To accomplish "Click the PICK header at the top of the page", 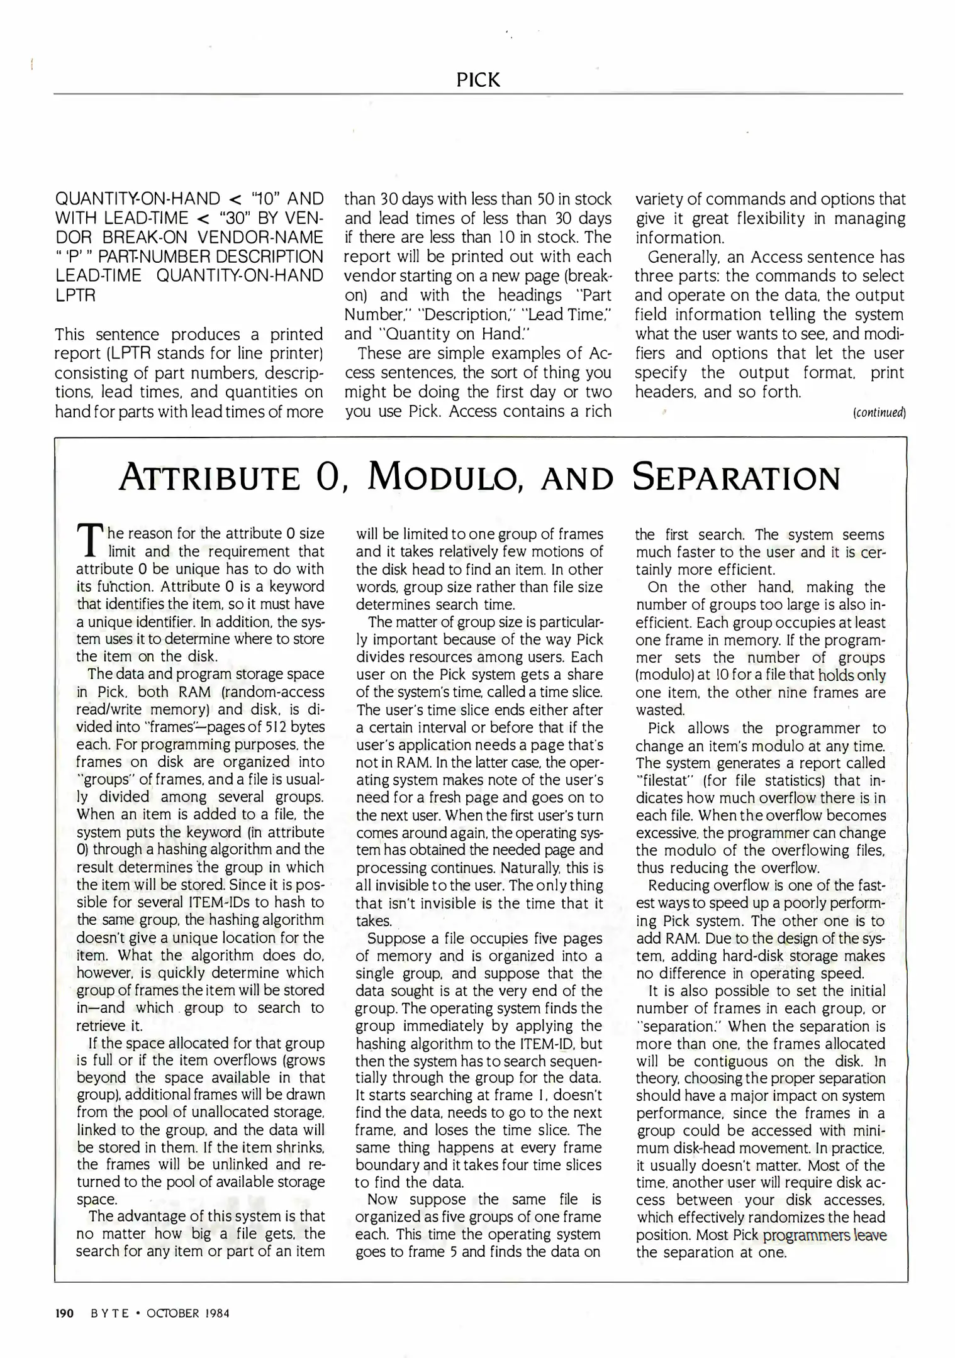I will pos(478,80).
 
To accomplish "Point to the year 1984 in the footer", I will pos(216,1313).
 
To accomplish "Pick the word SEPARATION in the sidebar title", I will pos(736,478).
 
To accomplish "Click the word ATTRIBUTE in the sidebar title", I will pos(209,478).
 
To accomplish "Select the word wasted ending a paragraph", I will pos(659,710).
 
